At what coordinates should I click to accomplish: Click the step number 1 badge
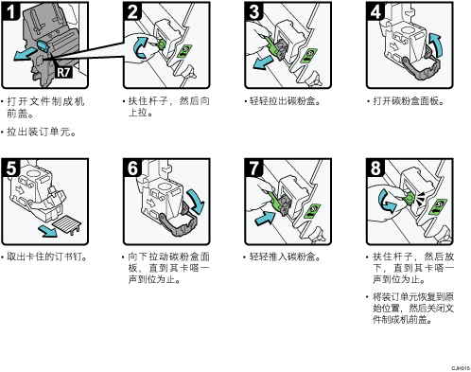tap(10, 11)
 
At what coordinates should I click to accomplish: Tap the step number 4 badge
tap(375, 11)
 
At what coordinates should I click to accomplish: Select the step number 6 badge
tap(132, 168)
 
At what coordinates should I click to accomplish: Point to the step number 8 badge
tap(375, 168)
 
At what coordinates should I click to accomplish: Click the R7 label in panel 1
tap(63, 72)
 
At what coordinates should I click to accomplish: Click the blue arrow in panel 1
tap(25, 53)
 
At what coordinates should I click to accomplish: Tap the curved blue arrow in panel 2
tap(140, 47)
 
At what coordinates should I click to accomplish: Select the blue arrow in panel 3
tap(264, 62)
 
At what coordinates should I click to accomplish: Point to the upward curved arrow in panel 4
tap(437, 44)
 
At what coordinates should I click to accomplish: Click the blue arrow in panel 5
tap(48, 231)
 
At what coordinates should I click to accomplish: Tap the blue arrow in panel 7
tap(265, 219)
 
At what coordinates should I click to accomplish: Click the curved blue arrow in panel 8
tap(386, 202)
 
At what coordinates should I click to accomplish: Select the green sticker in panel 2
tap(184, 51)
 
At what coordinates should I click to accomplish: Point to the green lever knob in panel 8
tap(409, 198)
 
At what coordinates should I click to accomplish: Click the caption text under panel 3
tap(285, 101)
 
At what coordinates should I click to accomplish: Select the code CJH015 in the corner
tap(461, 368)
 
